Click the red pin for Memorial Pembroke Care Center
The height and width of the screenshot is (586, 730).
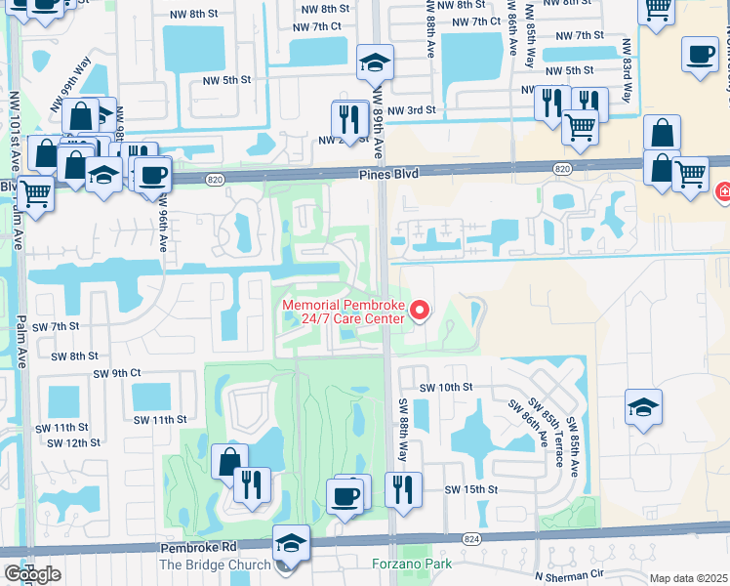pos(421,311)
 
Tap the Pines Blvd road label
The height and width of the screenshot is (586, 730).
pos(389,174)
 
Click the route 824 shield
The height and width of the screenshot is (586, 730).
pos(472,538)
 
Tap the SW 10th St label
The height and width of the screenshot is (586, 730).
pos(445,388)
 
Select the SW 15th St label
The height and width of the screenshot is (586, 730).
pos(470,489)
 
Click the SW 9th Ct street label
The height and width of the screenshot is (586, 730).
pos(117,373)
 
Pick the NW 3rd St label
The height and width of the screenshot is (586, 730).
pos(409,111)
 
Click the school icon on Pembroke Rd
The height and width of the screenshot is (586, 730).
pos(291,542)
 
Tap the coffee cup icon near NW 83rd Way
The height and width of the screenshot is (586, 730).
pos(699,55)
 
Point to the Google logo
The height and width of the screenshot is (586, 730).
pos(32,574)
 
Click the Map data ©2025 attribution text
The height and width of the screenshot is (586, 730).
pos(689,578)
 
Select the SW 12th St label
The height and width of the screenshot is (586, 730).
pos(78,442)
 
